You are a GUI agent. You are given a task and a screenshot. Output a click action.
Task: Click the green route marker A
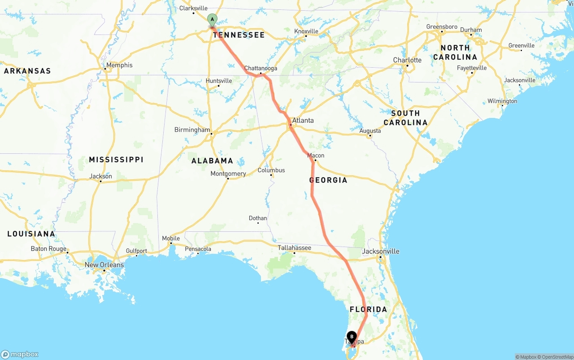tap(212, 20)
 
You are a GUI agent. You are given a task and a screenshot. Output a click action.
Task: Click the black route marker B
tap(352, 337)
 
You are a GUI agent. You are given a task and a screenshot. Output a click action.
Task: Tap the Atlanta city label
tap(303, 120)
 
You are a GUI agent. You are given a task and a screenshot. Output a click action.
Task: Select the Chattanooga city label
tap(261, 68)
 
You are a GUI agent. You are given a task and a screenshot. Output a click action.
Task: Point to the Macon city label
tap(316, 156)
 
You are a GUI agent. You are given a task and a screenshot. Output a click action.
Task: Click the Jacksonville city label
tap(380, 251)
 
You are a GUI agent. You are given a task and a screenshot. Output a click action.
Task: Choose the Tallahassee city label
tap(294, 247)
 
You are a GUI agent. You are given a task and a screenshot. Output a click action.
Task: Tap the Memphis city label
tap(119, 65)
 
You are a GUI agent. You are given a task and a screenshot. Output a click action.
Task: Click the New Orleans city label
tap(104, 265)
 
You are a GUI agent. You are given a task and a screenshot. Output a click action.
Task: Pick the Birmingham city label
tap(192, 130)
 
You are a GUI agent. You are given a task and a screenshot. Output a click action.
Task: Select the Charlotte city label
tap(407, 60)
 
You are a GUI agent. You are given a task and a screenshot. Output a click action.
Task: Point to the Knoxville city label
tap(306, 31)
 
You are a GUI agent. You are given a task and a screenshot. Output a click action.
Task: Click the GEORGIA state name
tap(328, 180)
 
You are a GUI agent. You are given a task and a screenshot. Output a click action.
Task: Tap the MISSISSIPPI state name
tap(116, 160)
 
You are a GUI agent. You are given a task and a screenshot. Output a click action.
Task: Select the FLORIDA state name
tap(368, 309)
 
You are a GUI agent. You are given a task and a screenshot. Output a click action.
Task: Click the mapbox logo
tap(20, 354)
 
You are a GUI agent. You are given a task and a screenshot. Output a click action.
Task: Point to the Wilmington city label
tap(502, 101)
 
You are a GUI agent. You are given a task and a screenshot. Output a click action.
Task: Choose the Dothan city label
tap(258, 218)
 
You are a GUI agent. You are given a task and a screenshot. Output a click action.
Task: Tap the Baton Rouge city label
tap(48, 249)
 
